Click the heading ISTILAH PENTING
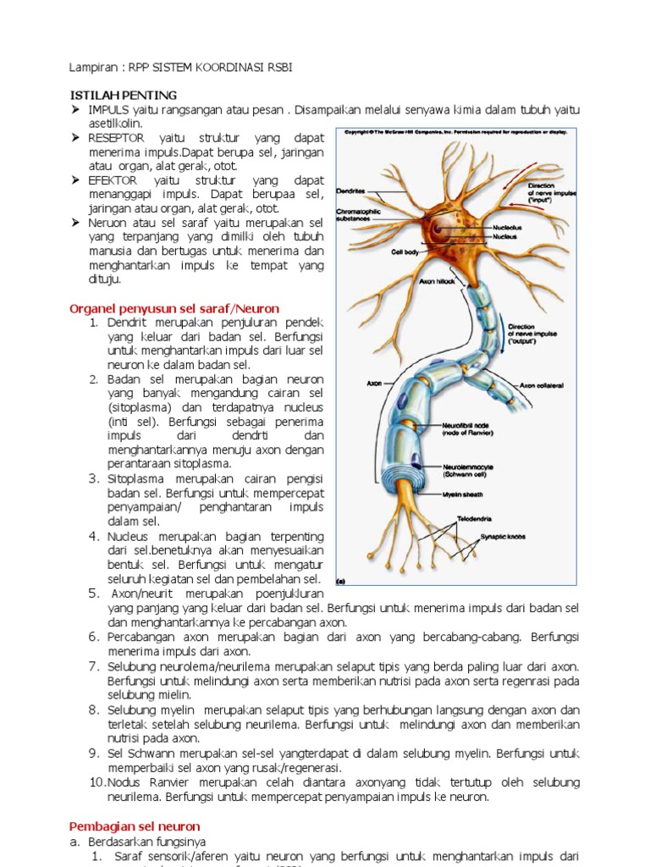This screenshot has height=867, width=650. coord(123,95)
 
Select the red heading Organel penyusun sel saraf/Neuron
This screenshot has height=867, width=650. coord(174,309)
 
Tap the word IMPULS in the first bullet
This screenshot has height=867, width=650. coord(108,111)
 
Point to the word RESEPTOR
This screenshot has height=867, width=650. coord(117,137)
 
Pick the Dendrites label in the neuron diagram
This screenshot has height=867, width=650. coord(350,191)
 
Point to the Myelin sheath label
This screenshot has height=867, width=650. coord(462,494)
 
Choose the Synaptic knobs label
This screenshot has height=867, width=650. coord(503,537)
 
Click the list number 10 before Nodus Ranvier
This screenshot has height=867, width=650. coord(96,781)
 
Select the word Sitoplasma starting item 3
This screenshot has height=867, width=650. coord(135,478)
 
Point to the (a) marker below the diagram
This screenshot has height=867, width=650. coord(342,582)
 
